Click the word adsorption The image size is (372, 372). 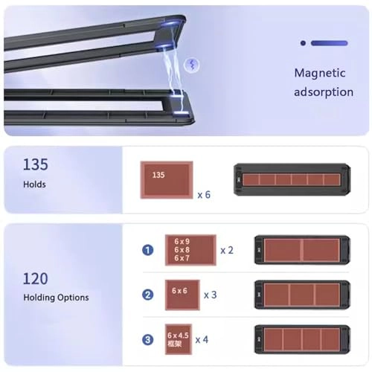[324, 92]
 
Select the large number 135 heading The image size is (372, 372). [36, 164]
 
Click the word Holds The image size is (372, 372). [34, 183]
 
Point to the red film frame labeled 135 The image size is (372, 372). [166, 179]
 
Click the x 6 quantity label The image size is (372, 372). [205, 194]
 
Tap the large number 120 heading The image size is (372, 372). [36, 278]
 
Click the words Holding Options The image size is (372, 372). [56, 298]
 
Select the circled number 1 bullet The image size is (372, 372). [148, 250]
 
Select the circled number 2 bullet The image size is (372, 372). [148, 295]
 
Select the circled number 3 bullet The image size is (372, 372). [148, 340]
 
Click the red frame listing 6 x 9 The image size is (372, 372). [190, 250]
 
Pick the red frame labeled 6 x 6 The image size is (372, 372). [182, 295]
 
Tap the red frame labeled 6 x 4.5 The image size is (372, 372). [178, 339]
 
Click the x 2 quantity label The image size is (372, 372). [227, 250]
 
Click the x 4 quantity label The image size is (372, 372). [202, 340]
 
